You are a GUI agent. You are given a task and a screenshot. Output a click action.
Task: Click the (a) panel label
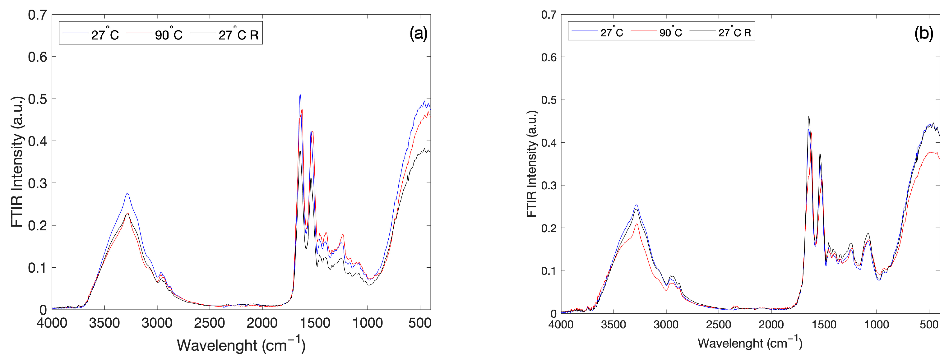418,34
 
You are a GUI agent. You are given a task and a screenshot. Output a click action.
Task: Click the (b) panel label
924,34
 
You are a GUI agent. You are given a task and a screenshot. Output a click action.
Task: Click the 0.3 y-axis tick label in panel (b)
549,185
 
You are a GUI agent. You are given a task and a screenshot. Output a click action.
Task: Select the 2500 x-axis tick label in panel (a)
209,323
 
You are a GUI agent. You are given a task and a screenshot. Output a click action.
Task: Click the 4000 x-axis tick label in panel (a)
52,323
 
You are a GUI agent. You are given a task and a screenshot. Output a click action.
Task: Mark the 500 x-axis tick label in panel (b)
929,325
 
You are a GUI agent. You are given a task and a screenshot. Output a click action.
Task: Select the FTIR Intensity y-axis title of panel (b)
532,164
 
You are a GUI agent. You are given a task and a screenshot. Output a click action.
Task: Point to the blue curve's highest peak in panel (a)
300,95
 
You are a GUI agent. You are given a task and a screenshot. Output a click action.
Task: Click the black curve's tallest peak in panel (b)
809,117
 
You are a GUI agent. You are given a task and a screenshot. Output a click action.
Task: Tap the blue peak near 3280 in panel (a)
127,193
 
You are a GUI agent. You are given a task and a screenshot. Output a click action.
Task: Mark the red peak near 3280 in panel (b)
636,224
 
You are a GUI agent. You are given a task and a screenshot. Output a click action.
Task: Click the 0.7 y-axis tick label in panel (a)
38,15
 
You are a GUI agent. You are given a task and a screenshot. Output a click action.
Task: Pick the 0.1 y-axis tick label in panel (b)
549,271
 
